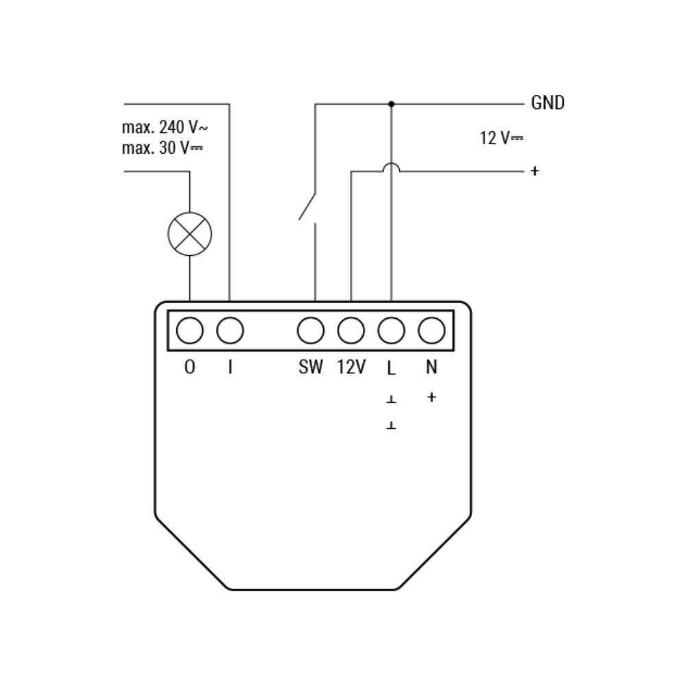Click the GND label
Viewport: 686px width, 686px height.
547,104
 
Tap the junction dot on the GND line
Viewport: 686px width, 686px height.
391,104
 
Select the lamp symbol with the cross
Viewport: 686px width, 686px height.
190,234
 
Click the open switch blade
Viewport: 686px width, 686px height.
307,206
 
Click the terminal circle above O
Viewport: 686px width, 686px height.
190,331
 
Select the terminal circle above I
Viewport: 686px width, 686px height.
230,331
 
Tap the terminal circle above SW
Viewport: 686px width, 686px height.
311,331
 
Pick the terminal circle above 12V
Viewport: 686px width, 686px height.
351,331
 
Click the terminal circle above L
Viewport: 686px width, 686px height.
391,331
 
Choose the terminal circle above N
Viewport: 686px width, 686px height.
431,331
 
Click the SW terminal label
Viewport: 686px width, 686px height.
311,367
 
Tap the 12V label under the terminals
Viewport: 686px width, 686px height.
351,367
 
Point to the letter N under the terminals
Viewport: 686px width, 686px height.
431,367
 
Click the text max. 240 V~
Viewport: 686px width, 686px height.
165,128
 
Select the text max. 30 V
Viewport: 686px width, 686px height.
163,148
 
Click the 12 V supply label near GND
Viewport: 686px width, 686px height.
501,139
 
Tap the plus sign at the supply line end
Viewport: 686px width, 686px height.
534,171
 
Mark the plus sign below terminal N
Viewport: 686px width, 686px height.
431,397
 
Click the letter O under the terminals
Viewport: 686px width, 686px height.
190,367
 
